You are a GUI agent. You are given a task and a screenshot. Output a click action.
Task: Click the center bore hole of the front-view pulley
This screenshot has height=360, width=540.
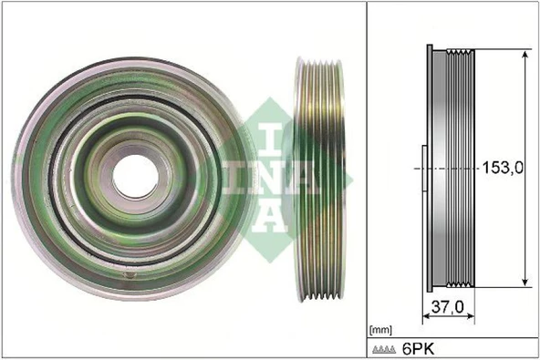click(134, 172)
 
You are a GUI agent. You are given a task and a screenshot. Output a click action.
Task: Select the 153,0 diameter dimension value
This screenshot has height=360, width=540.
click(503, 169)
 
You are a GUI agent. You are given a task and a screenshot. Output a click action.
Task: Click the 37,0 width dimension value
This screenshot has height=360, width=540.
click(449, 307)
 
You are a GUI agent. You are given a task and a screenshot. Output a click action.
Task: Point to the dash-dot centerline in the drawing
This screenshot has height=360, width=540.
click(447, 168)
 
